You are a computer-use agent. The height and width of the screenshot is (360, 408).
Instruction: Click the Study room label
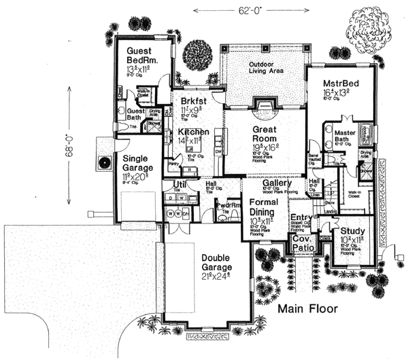pos(353,232)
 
